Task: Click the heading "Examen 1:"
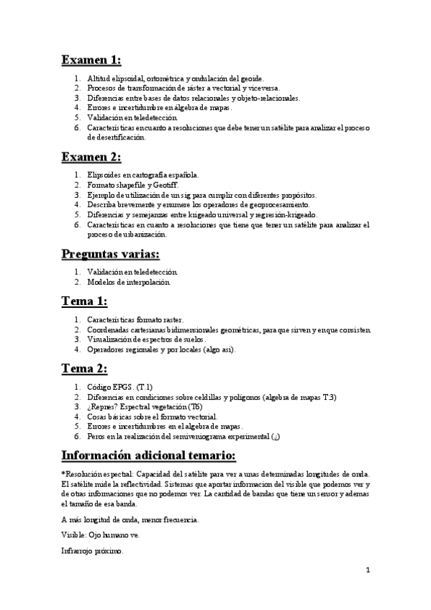point(91,59)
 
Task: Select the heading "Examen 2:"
point(91,157)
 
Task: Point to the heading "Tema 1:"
point(84,301)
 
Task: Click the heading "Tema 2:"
point(84,368)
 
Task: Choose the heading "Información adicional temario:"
point(153,455)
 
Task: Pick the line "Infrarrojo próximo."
point(93,552)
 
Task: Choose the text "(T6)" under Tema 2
point(194,406)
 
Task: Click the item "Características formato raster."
point(135,319)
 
